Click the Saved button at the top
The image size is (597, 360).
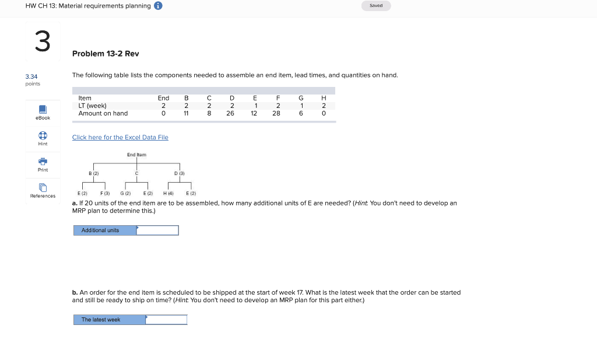click(376, 6)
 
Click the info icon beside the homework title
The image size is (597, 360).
click(158, 6)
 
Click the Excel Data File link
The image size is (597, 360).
click(120, 137)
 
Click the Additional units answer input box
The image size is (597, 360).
click(157, 230)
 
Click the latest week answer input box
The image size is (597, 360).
click(166, 320)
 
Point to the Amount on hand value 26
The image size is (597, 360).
click(230, 113)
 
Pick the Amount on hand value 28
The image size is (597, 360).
click(276, 113)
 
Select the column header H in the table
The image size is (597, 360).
click(323, 98)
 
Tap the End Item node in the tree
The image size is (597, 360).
click(136, 155)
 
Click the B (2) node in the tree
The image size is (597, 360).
click(93, 173)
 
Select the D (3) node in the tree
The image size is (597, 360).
click(180, 173)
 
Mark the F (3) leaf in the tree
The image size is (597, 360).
click(105, 193)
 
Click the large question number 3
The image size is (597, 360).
click(42, 42)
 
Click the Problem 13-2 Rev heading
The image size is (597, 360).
click(106, 54)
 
